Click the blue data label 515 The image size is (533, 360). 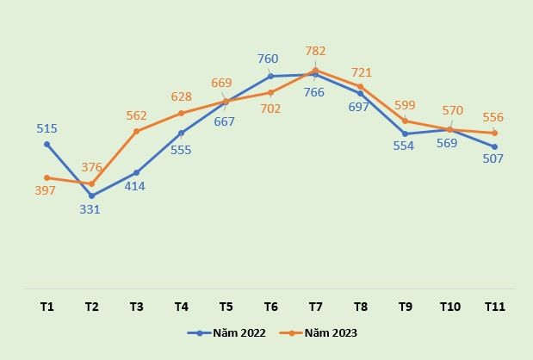(x=46, y=128)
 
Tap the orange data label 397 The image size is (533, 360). (x=46, y=191)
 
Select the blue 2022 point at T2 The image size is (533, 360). (x=91, y=196)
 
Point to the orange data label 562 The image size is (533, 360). (x=136, y=115)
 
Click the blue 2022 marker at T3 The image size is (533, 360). (x=136, y=172)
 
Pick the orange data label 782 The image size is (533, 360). (x=315, y=52)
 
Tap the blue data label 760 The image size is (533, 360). (x=268, y=59)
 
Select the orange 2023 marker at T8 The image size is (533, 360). (x=360, y=86)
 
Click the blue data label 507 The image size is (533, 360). (x=493, y=158)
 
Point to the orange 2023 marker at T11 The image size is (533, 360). (x=494, y=133)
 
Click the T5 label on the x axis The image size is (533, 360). (x=226, y=307)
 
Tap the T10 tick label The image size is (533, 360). (x=449, y=307)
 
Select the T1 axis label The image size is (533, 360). (x=46, y=307)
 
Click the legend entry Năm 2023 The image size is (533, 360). (x=321, y=332)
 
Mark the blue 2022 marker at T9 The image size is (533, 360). (x=405, y=133)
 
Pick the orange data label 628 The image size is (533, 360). (x=181, y=97)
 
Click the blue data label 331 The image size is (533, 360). (x=90, y=209)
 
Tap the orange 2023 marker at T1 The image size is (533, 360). (x=46, y=177)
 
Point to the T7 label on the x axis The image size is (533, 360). (x=315, y=307)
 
